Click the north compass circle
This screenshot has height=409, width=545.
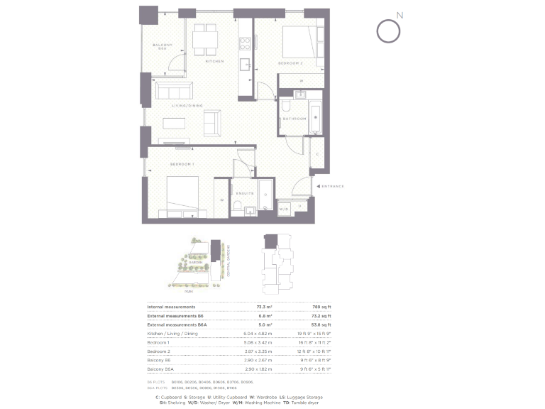pyautogui.click(x=387, y=31)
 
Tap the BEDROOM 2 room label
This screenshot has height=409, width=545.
pyautogui.click(x=290, y=63)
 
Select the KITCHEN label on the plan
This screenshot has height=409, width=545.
pyautogui.click(x=214, y=61)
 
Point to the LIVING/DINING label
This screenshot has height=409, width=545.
pyautogui.click(x=187, y=106)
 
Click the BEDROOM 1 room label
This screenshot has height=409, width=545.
pyautogui.click(x=182, y=164)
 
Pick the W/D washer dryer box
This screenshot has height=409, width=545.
pyautogui.click(x=283, y=209)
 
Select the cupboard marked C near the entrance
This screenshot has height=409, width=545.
pyautogui.click(x=316, y=154)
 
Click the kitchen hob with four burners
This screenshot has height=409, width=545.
pyautogui.click(x=246, y=41)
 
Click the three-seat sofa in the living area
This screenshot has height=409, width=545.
pyautogui.click(x=174, y=91)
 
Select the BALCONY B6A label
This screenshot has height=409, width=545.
pyautogui.click(x=160, y=48)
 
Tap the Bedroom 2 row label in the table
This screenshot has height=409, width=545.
pyautogui.click(x=160, y=351)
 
